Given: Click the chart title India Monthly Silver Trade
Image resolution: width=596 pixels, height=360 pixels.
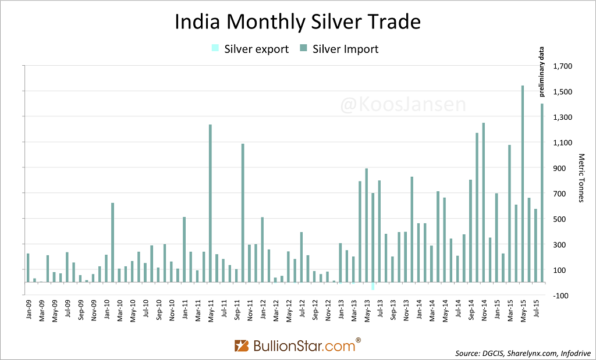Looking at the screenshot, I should click(297, 22).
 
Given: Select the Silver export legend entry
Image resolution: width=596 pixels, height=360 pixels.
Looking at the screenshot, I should click(250, 49).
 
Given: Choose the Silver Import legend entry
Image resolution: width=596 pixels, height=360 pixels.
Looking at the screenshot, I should click(340, 49).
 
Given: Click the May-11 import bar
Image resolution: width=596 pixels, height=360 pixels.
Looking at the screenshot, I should click(210, 203).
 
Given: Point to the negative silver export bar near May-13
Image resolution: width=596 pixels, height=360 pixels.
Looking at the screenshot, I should click(373, 286).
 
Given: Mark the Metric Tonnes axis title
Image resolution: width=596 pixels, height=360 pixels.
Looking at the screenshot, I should click(581, 178).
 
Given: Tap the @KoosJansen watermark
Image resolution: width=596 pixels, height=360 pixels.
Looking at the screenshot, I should click(395, 105).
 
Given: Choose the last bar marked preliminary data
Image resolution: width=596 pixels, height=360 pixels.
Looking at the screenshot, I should click(542, 193).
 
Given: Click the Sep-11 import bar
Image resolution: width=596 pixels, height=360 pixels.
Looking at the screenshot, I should click(243, 213).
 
